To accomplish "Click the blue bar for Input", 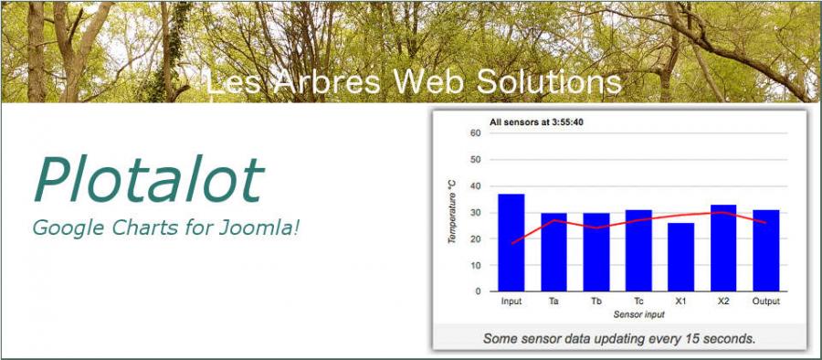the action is point(511,242).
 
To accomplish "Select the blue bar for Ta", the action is point(553,252).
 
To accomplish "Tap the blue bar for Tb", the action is point(596,252).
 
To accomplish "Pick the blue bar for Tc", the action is point(638,251).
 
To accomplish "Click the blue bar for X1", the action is point(681,257).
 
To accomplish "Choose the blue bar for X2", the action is point(723,248).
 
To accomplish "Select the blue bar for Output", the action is point(766,251).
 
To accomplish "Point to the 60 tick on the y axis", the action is point(476,133).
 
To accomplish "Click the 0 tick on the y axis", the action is point(478,291).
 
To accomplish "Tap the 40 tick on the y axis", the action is point(476,186).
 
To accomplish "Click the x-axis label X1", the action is point(681,302).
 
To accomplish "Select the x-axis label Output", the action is point(766,302).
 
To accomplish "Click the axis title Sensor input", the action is point(638,315).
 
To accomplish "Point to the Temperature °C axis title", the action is point(452,211).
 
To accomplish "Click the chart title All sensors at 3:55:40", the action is point(537,122).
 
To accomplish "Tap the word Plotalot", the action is point(148,179).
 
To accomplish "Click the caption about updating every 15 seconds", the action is point(619,338).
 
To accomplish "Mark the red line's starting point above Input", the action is point(512,243).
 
